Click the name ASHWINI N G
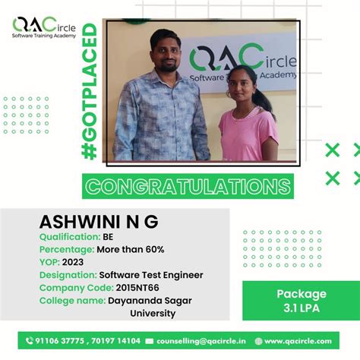coord(99,223)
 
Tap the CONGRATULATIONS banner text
coord(187,187)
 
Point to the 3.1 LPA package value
coord(301,308)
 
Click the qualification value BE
coord(108,236)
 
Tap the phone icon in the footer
coord(30,341)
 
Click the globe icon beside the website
coord(259,341)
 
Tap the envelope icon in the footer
coord(150,341)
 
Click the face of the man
coord(163,47)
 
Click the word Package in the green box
coord(301,294)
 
